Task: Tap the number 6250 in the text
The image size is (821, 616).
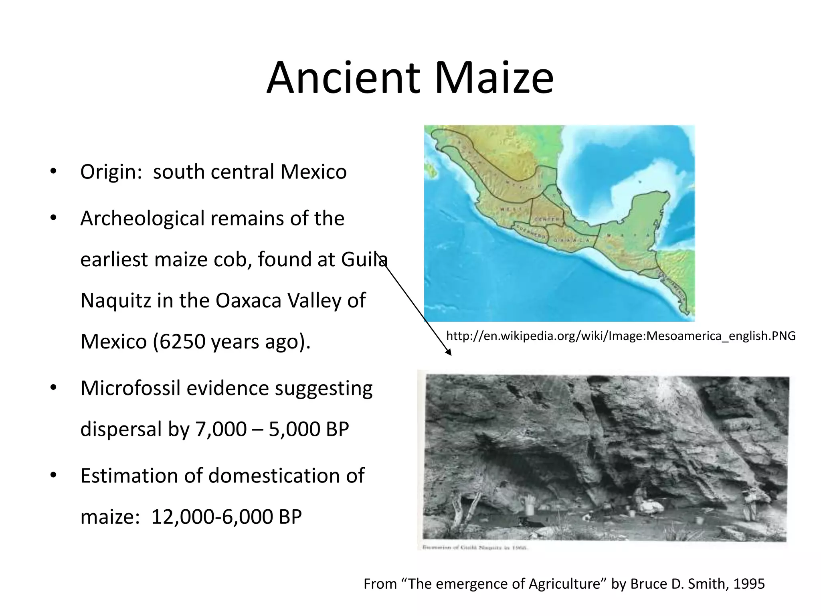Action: [181, 342]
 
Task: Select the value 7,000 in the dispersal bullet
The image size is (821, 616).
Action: [221, 429]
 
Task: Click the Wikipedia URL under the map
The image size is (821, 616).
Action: [621, 336]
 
